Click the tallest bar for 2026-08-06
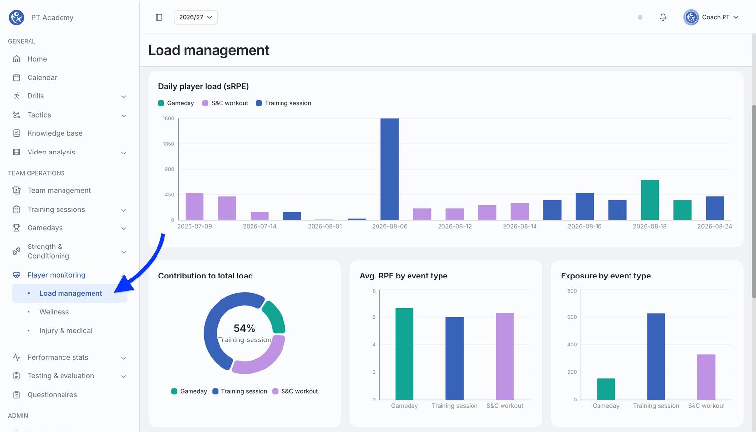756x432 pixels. coord(389,169)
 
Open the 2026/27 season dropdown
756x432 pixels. coord(195,17)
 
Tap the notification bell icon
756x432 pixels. coord(663,17)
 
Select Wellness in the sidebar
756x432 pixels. coord(54,312)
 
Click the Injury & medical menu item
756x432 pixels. coord(66,331)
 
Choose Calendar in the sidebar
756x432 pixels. coord(42,77)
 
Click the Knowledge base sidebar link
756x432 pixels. coord(55,133)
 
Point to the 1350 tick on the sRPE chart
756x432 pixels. coord(168,144)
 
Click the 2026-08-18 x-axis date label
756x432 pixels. coord(650,226)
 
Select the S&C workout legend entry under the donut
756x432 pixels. coord(295,391)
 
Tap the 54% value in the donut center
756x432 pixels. coord(244,328)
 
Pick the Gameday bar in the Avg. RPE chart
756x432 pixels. coord(404,354)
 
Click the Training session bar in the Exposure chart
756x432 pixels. coord(656,357)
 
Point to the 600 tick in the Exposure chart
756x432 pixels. coord(572,317)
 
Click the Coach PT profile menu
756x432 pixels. coord(711,17)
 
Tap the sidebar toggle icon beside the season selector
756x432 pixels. coord(159,17)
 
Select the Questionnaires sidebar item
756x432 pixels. coord(52,395)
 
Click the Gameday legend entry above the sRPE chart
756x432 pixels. coord(176,103)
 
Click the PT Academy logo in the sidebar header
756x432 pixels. coord(17,17)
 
